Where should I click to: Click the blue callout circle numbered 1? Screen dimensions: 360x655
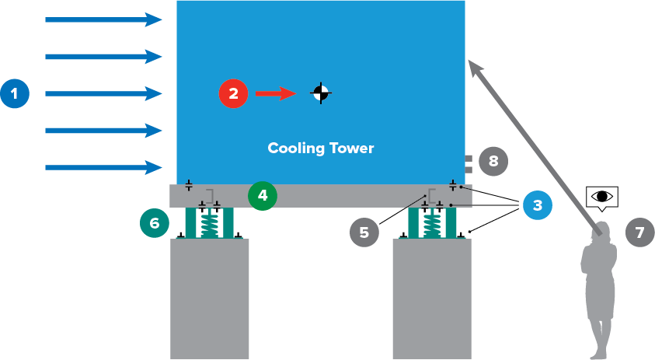pyautogui.click(x=15, y=94)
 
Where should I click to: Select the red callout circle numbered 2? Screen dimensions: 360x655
pyautogui.click(x=233, y=94)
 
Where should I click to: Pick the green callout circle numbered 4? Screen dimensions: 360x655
pyautogui.click(x=263, y=195)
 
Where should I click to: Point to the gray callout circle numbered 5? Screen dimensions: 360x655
pyautogui.click(x=364, y=232)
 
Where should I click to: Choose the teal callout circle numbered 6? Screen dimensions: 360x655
pyautogui.click(x=154, y=222)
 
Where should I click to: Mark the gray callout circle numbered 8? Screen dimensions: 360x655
pyautogui.click(x=493, y=161)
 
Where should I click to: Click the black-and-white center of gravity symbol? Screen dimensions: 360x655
pyautogui.click(x=320, y=93)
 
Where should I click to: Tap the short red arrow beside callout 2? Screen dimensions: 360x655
pyautogui.click(x=276, y=94)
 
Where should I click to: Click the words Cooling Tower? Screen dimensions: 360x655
pyautogui.click(x=320, y=148)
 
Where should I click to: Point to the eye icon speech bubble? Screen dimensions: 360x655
pyautogui.click(x=602, y=197)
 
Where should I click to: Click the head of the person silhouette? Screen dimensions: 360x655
pyautogui.click(x=600, y=231)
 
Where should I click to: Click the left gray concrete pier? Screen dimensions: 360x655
pyautogui.click(x=210, y=299)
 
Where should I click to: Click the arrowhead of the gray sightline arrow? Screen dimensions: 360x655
pyautogui.click(x=475, y=69)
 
